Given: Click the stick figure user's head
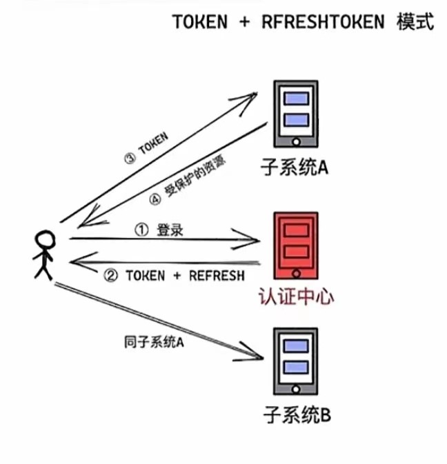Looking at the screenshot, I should tap(45, 241).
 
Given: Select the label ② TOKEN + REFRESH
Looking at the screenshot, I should tap(175, 276).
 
